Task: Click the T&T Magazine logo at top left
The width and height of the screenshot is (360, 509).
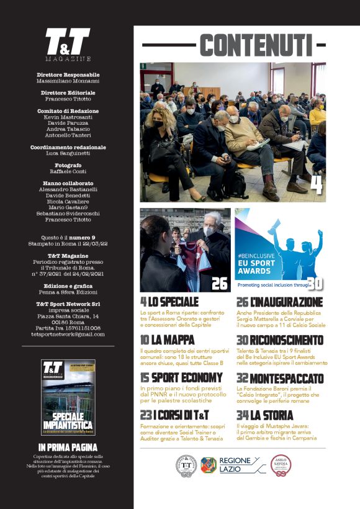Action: coord(67,44)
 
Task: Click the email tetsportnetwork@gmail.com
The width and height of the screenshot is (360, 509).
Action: coord(68,334)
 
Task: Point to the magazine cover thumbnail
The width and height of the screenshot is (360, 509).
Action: coord(68,397)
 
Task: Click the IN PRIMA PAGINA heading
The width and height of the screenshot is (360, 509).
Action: coord(68,447)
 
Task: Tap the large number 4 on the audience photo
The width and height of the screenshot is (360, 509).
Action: coord(316,184)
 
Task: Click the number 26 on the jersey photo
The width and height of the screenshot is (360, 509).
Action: coord(219,284)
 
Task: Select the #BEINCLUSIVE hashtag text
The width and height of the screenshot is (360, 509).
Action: coord(259,255)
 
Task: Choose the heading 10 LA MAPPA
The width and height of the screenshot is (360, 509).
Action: coord(167,340)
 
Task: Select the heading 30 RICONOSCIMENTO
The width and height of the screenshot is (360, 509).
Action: coord(280,340)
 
